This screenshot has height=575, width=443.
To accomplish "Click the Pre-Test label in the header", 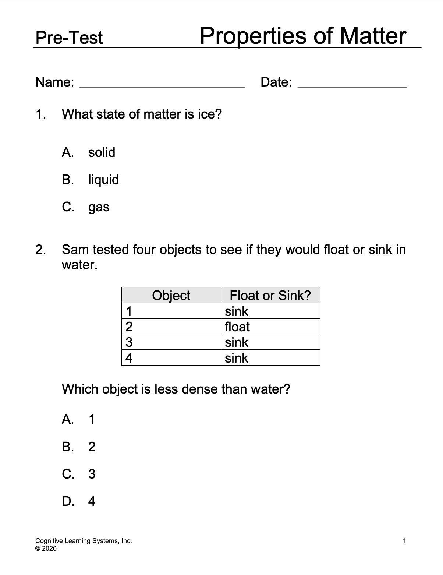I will pos(69,38).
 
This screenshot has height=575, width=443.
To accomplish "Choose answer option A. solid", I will pos(88,152).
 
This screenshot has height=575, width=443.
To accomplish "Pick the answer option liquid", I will pos(91,180).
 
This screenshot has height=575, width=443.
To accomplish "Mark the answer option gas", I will pos(86,207).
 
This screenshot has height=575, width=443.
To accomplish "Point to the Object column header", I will pos(171,295).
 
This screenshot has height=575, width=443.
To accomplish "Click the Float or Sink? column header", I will pos(270,295).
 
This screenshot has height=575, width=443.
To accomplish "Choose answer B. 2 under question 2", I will pos(79,447).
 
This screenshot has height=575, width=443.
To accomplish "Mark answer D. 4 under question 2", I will pos(79,501).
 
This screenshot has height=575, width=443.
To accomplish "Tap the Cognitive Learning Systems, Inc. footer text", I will pos(84,541).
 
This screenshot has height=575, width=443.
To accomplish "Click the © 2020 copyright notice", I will pos(46,548).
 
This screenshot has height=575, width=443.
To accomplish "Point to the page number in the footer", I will pos(404,541).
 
